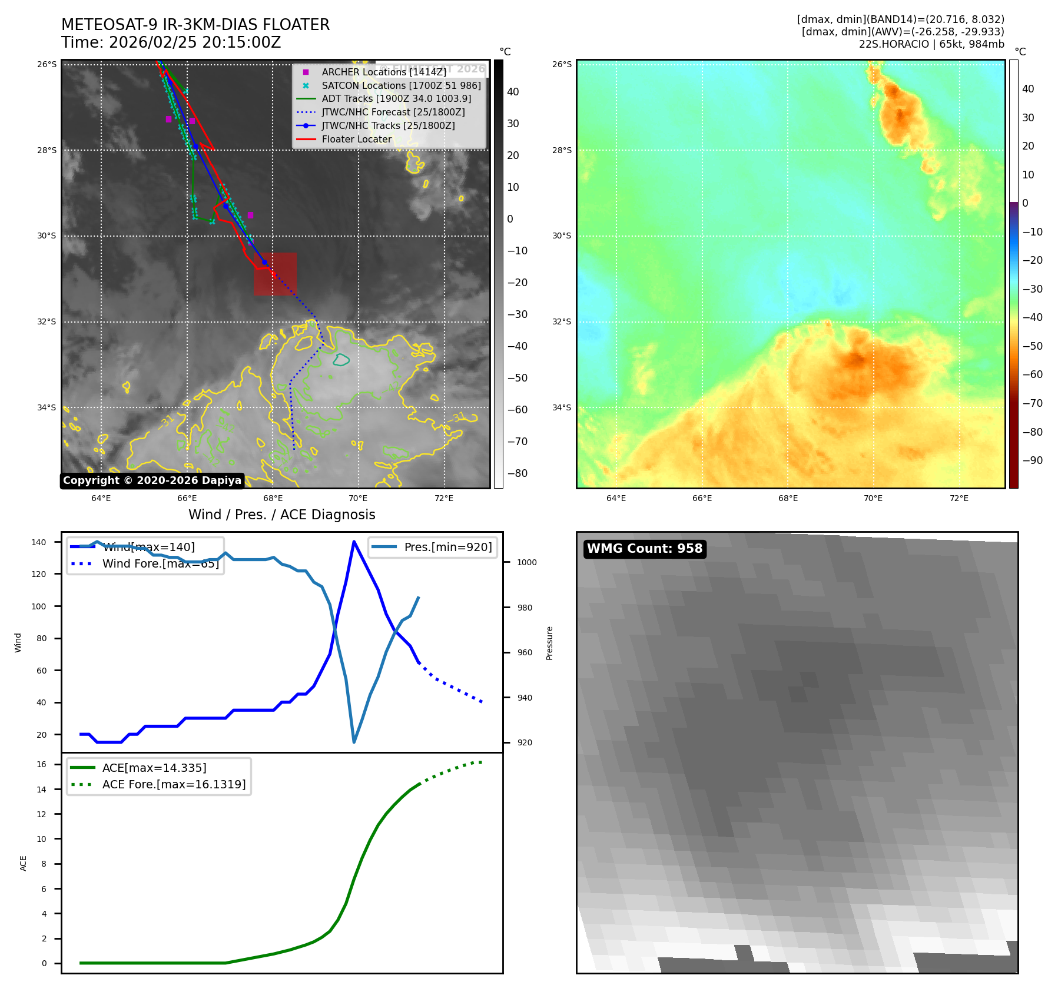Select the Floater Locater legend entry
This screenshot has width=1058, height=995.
(x=356, y=139)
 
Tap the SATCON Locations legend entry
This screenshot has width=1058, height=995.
(x=401, y=85)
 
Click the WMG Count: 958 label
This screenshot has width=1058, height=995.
(x=645, y=549)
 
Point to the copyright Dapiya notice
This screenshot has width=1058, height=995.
(x=152, y=480)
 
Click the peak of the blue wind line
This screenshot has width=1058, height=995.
(x=354, y=542)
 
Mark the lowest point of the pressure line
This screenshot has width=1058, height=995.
(x=354, y=742)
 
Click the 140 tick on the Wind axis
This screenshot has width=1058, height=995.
(x=39, y=542)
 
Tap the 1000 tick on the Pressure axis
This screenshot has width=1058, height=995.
(x=527, y=562)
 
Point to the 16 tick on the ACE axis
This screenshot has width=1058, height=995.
(x=42, y=764)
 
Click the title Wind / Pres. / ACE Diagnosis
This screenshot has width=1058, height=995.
(x=281, y=515)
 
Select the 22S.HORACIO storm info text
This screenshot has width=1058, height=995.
(x=931, y=44)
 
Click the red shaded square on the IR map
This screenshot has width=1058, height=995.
(x=275, y=274)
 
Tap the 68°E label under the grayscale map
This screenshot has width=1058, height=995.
(x=273, y=498)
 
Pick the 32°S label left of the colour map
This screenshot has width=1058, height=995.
(x=562, y=321)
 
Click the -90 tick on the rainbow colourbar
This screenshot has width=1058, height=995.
(x=1032, y=460)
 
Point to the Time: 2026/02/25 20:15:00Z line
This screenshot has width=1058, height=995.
(x=171, y=42)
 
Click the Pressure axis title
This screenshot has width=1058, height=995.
(x=549, y=642)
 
